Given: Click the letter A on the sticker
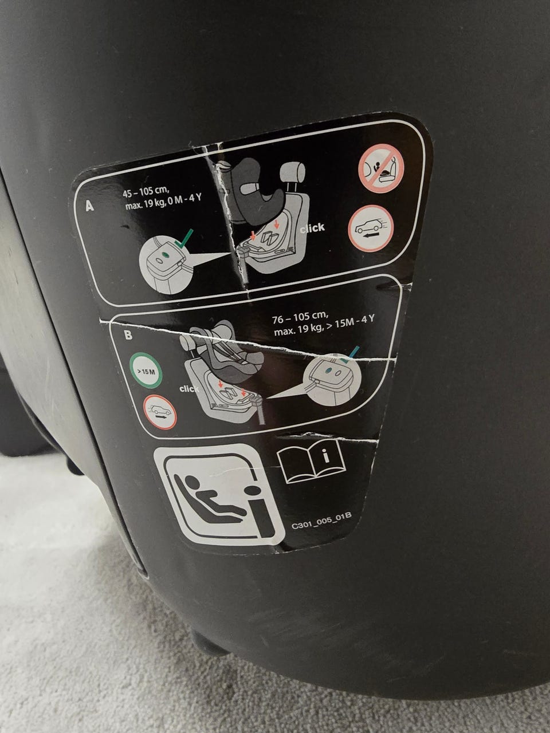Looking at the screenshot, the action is point(89,206).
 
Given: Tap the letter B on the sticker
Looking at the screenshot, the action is point(128,335).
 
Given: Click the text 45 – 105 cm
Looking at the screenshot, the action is point(146,192).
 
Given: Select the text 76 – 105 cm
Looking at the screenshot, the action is point(301,318).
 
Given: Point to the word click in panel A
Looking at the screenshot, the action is point(312,228).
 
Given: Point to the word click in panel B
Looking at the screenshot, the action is point(189,389).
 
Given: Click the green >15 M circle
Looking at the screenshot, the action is point(146,371).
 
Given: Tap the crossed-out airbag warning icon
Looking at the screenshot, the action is point(382,168).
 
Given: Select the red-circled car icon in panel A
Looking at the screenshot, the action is point(371,228).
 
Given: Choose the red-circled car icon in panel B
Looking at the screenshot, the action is point(160,411).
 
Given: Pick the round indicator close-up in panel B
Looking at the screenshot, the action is point(333,379).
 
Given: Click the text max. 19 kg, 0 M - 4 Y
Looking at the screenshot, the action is point(163,202).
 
